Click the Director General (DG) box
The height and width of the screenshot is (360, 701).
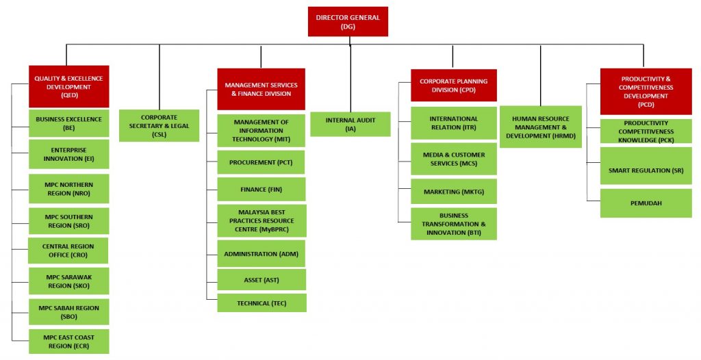[x=348, y=21]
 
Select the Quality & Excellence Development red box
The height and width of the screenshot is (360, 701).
[x=69, y=86]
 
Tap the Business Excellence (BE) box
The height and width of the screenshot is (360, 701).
[x=69, y=123]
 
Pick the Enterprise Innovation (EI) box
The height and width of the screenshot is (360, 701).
[x=69, y=154]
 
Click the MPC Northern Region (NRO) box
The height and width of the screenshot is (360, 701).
[x=69, y=189]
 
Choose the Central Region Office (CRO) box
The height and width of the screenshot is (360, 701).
[x=68, y=250]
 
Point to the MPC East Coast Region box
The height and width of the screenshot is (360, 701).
[x=69, y=342]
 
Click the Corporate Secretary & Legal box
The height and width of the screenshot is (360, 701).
[x=159, y=126]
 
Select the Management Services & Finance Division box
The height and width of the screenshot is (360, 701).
[x=261, y=89]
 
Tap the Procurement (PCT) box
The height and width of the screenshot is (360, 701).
[x=261, y=162]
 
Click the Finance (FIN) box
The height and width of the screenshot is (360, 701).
[x=262, y=189]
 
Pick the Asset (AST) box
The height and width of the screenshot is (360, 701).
[x=262, y=280]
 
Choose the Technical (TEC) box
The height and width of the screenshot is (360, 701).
[x=262, y=303]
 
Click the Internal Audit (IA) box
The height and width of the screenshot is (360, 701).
[x=350, y=125]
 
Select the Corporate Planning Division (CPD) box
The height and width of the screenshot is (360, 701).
[x=454, y=86]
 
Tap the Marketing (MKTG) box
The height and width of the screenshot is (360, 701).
[x=454, y=192]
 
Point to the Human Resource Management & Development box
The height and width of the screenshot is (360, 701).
[x=541, y=127]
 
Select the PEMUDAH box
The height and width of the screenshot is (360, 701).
[x=646, y=203]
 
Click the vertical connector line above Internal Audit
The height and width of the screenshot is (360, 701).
[x=350, y=78]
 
